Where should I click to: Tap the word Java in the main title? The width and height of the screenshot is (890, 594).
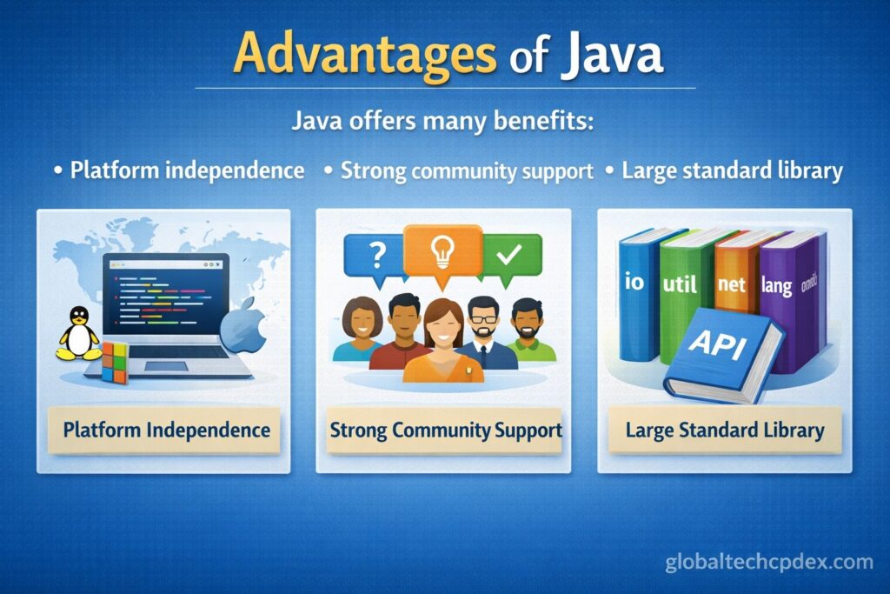pyautogui.click(x=612, y=53)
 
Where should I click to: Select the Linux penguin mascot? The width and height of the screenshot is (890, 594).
pyautogui.click(x=79, y=334)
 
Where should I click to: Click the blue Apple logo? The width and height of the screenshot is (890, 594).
pyautogui.click(x=243, y=326)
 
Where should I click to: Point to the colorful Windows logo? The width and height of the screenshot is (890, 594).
pyautogui.click(x=116, y=362)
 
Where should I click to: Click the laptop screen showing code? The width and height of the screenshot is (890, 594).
pyautogui.click(x=166, y=294)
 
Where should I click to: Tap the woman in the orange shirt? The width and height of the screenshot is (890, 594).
pyautogui.click(x=443, y=343)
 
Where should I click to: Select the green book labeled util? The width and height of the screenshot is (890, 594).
pyautogui.click(x=680, y=296)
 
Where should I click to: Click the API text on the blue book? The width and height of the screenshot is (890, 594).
pyautogui.click(x=717, y=343)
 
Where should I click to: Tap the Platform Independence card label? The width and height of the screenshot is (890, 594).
pyautogui.click(x=166, y=430)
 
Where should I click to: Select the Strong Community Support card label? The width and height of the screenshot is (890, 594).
pyautogui.click(x=446, y=430)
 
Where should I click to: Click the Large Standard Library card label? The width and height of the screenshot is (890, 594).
pyautogui.click(x=725, y=430)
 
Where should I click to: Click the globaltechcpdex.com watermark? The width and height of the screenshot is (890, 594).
pyautogui.click(x=769, y=562)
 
